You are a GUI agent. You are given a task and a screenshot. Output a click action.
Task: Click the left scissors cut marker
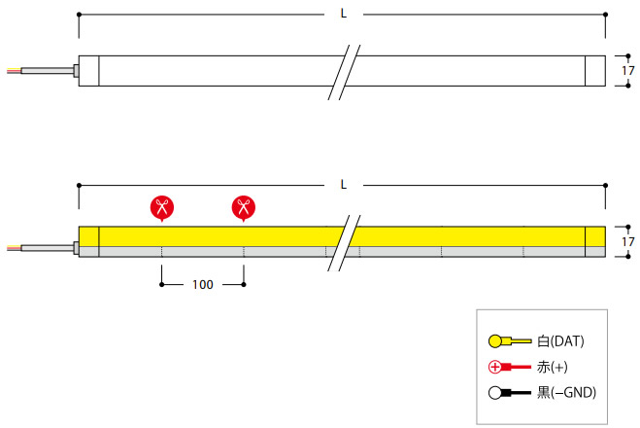point(161,206)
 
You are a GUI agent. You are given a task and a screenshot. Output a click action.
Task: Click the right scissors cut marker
point(243,206)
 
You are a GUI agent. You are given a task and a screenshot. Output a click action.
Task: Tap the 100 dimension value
point(202,285)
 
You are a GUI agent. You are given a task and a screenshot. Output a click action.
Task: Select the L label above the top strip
point(343,14)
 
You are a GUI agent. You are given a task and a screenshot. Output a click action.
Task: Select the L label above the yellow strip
point(343,183)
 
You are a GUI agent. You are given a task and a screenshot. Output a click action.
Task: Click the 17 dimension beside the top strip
point(627,71)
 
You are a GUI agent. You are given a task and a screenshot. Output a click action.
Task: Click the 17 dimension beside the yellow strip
point(627,241)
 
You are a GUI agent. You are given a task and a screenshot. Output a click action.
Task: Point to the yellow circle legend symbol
point(495,341)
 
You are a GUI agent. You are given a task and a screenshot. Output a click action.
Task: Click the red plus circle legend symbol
point(495,367)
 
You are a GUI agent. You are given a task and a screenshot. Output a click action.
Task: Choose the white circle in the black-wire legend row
point(495,393)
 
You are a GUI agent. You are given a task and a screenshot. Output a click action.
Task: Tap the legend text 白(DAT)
point(560,341)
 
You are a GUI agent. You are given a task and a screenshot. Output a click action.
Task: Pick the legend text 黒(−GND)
point(566,393)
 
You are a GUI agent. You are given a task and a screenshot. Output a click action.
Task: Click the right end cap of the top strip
point(594,71)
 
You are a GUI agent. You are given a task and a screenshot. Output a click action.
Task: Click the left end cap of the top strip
point(88,71)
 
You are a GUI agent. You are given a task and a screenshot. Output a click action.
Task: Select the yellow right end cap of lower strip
point(594,236)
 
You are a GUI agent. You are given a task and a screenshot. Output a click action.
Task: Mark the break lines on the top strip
point(344,71)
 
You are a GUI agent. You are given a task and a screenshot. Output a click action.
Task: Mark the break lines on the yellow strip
point(344,241)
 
